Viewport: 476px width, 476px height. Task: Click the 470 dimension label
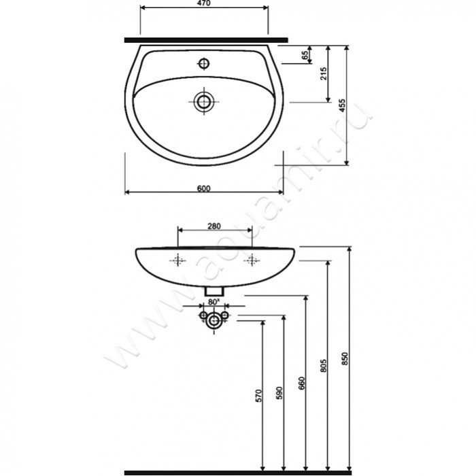203,3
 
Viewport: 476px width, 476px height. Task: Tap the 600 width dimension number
204,188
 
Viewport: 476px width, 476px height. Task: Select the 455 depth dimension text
343,105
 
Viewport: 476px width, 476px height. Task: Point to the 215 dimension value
324,73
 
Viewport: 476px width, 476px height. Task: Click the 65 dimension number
305,55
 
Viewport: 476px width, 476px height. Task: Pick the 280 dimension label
214,226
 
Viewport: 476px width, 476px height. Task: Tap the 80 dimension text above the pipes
214,302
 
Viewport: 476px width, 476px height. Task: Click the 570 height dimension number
258,396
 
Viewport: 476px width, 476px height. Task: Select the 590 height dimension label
279,393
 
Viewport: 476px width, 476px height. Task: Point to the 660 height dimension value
301,384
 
